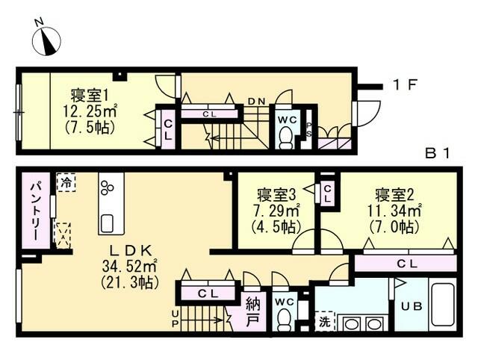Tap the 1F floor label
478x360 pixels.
pyautogui.click(x=405, y=85)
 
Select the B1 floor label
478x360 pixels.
pyautogui.click(x=437, y=153)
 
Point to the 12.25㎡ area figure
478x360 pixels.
pyautogui.click(x=90, y=111)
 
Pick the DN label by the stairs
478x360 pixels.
pyautogui.click(x=256, y=102)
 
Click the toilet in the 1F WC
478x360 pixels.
pyautogui.click(x=286, y=137)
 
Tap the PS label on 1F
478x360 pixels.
pyautogui.click(x=308, y=128)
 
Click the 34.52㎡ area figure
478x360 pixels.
pyautogui.click(x=129, y=267)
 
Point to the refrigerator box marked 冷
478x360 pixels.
pyautogui.click(x=66, y=182)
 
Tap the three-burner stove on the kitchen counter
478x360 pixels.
pyautogui.click(x=107, y=187)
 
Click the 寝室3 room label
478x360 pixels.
pyautogui.click(x=276, y=195)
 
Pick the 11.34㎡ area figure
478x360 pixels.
pyautogui.click(x=394, y=211)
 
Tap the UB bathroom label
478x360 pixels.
pyautogui.click(x=412, y=306)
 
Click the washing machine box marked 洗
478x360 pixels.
pyautogui.click(x=325, y=321)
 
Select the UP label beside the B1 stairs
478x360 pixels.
pyautogui.click(x=175, y=318)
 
